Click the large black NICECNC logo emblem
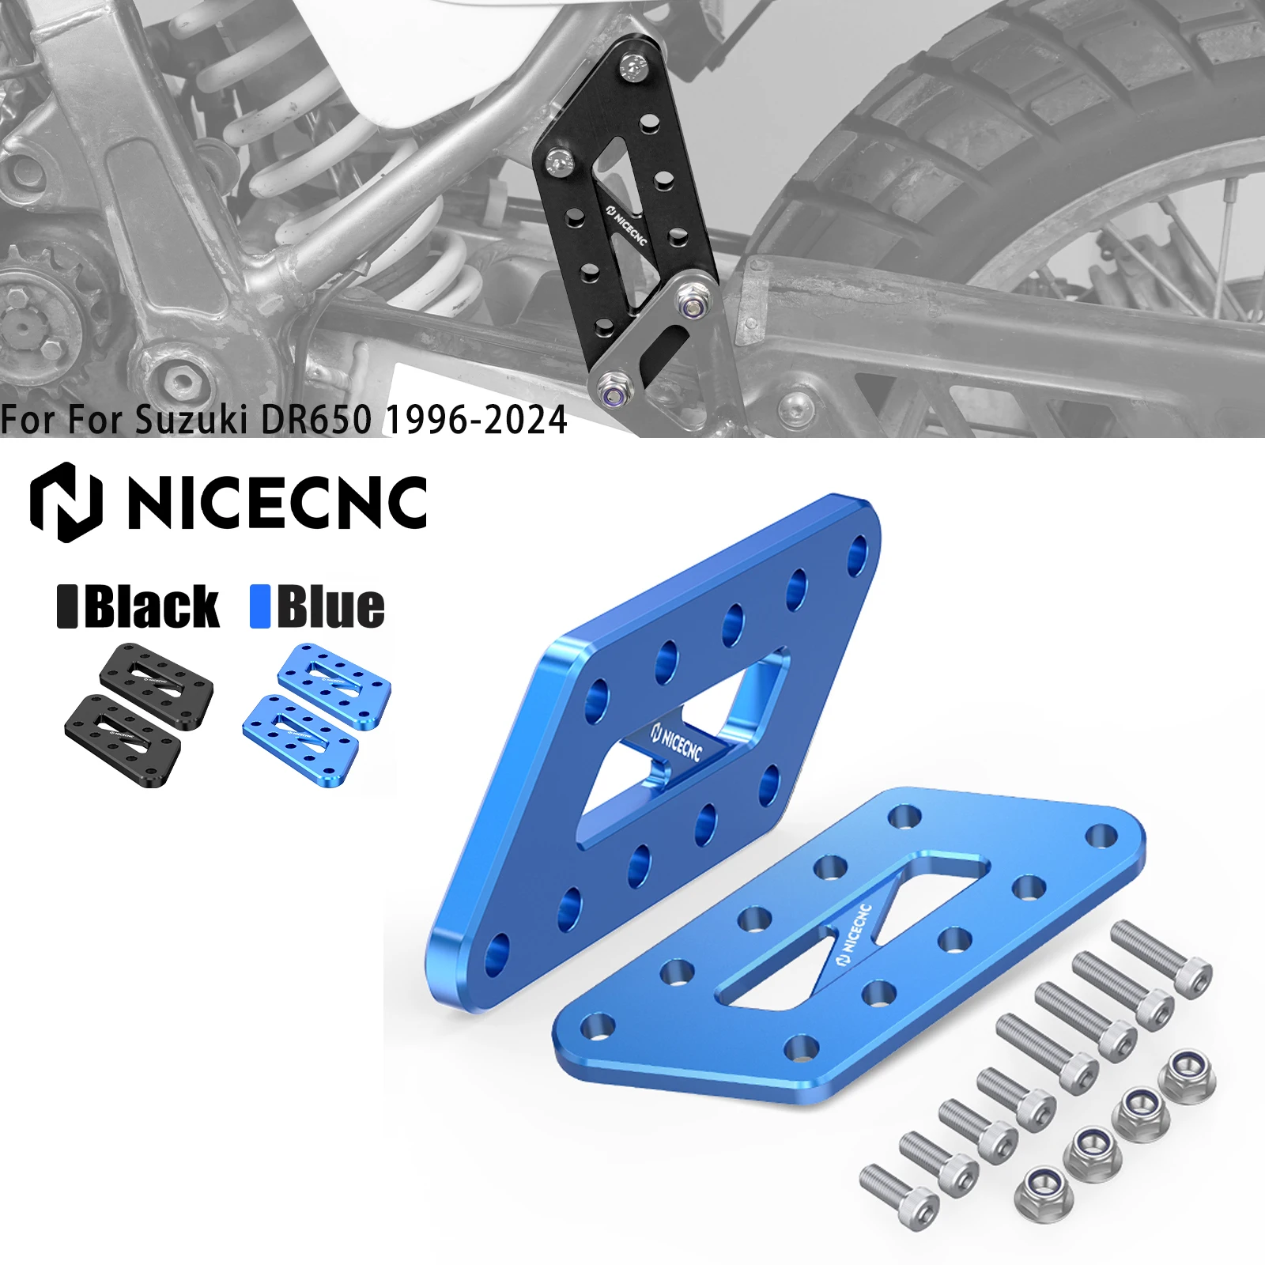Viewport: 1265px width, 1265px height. [66, 502]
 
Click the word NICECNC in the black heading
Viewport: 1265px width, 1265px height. [277, 503]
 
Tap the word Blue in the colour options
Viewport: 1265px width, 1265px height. [330, 607]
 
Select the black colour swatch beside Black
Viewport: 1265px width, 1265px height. [67, 607]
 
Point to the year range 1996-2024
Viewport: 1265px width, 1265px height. [476, 420]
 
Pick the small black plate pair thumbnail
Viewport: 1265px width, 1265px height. [138, 716]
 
